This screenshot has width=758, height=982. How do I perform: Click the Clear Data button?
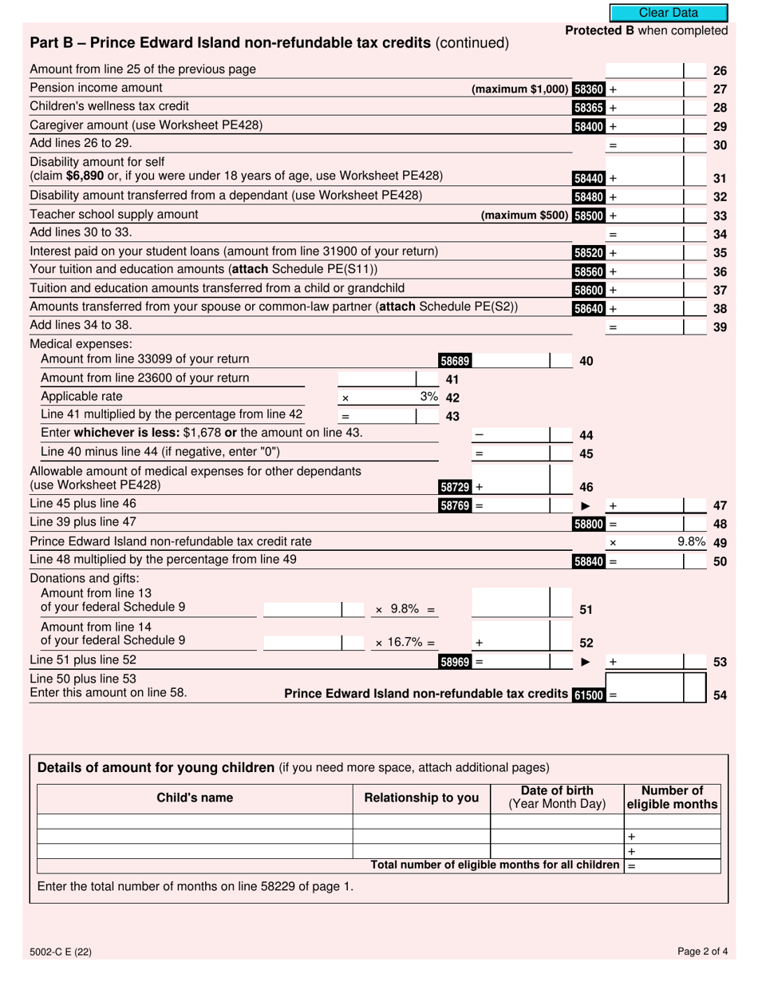pyautogui.click(x=669, y=13)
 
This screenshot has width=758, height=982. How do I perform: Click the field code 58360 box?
pyautogui.click(x=589, y=89)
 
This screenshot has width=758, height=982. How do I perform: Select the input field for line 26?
pyautogui.click(x=644, y=70)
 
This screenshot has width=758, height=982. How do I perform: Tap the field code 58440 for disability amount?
pyautogui.click(x=589, y=179)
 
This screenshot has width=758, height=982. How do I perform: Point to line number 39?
pyautogui.click(x=720, y=327)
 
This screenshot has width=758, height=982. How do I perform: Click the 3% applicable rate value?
pyautogui.click(x=428, y=397)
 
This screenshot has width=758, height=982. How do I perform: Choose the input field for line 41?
pyautogui.click(x=377, y=379)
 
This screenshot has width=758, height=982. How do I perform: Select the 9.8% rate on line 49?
pyautogui.click(x=691, y=542)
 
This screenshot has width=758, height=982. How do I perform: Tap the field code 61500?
pyautogui.click(x=589, y=695)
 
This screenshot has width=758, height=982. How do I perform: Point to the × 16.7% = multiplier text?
pyautogui.click(x=405, y=642)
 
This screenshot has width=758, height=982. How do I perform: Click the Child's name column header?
pyautogui.click(x=195, y=798)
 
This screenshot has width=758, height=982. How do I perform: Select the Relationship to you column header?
pyautogui.click(x=421, y=798)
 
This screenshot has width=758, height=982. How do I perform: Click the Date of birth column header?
pyautogui.click(x=557, y=798)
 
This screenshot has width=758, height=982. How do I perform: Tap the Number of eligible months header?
pyautogui.click(x=672, y=798)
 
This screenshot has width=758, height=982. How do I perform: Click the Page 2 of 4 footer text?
pyautogui.click(x=702, y=951)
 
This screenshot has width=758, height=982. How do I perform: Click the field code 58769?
pyautogui.click(x=455, y=505)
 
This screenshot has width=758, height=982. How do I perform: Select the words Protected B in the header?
pyautogui.click(x=594, y=30)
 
